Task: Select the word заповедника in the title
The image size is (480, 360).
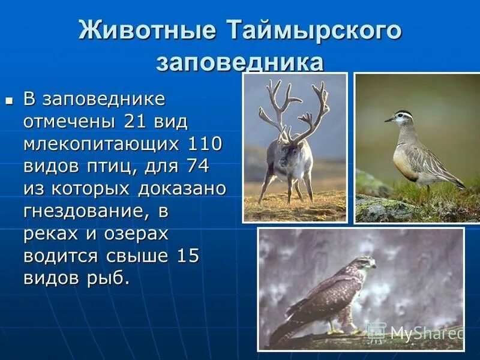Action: (240, 62)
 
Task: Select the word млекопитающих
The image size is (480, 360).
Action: (102, 144)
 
